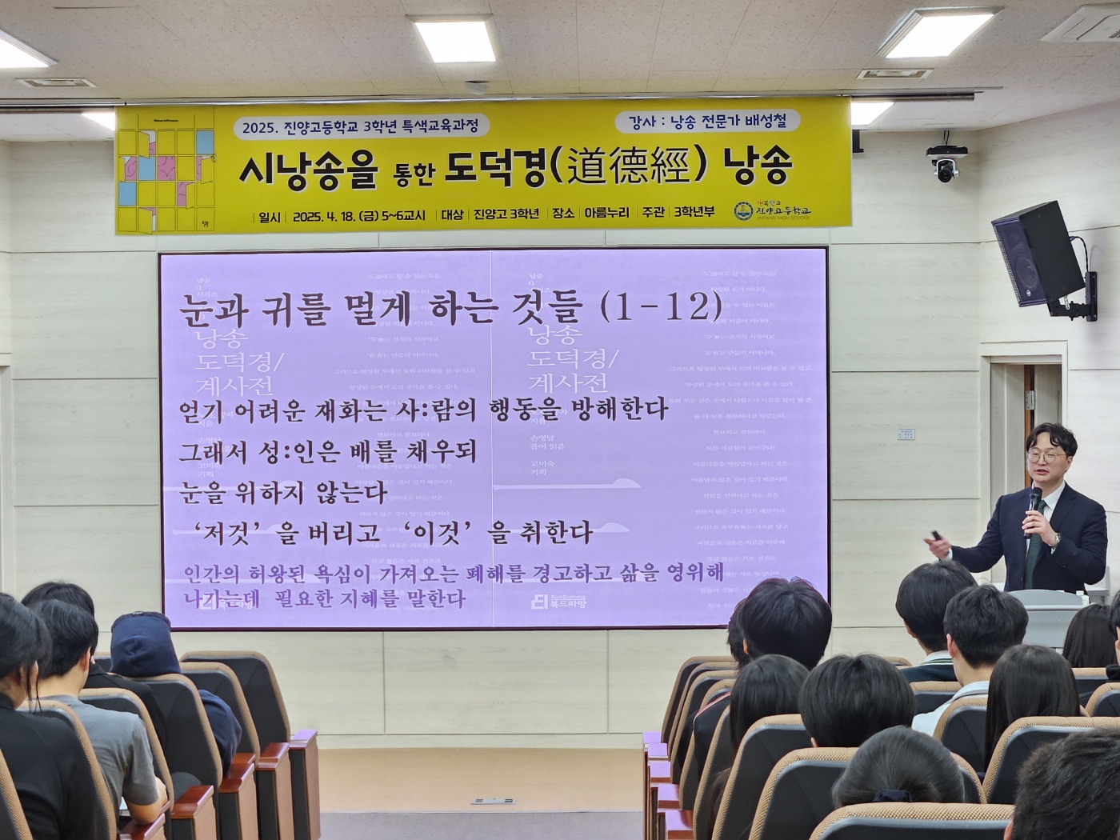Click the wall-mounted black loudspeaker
pos(1038,254)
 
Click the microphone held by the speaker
pos(1034,502)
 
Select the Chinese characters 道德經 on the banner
pos(627,166)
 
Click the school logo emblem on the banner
pos(744,211)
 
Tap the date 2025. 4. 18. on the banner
pos(326,215)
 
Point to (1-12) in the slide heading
pos(660,306)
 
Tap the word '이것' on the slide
pos(438,531)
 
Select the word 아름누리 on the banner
pos(606,214)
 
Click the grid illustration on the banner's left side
pos(166,171)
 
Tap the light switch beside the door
pos(906,434)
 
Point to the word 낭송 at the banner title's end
pos(756,166)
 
